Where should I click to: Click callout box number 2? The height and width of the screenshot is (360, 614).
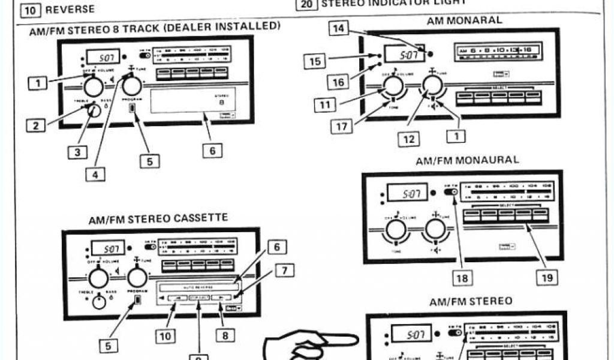click(x=37, y=126)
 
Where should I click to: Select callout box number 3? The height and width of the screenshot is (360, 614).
click(x=76, y=152)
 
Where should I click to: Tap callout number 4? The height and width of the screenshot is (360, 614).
click(x=95, y=175)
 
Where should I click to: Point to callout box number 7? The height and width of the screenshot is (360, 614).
click(x=284, y=271)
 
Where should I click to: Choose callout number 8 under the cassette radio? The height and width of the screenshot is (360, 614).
click(x=225, y=335)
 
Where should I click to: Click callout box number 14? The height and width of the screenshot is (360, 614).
click(x=340, y=28)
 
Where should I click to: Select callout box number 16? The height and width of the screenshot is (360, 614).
click(x=338, y=82)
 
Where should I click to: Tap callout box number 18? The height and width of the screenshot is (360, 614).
click(x=463, y=278)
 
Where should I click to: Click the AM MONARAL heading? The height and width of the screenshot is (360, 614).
click(x=464, y=20)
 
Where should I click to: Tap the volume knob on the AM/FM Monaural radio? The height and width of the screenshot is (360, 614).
click(x=396, y=229)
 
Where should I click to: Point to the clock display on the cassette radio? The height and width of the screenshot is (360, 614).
click(x=108, y=248)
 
